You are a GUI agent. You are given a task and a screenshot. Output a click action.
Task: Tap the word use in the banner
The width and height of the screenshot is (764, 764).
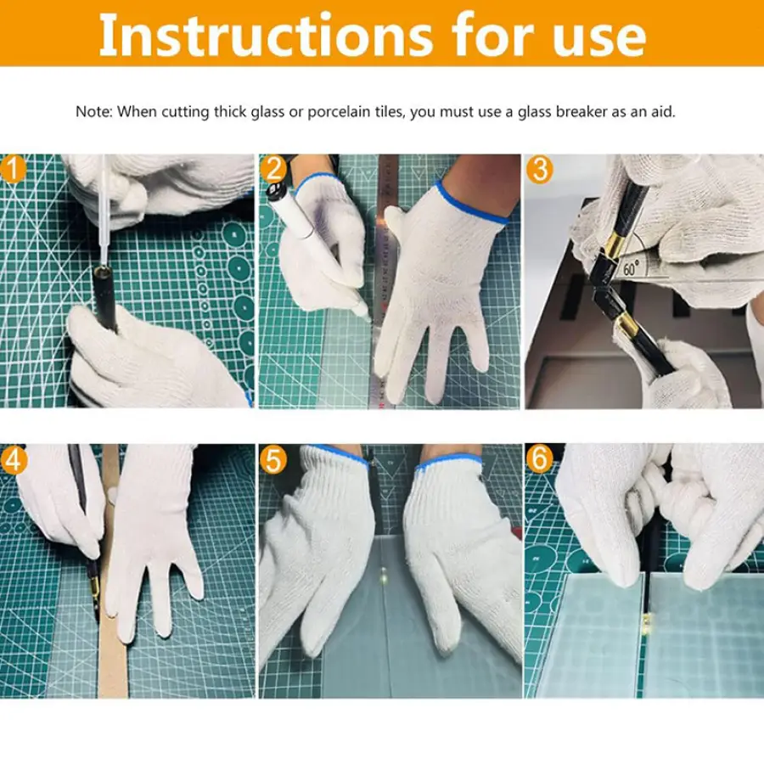click(x=598, y=40)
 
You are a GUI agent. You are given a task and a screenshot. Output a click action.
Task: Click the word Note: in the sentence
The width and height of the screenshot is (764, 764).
click(x=94, y=111)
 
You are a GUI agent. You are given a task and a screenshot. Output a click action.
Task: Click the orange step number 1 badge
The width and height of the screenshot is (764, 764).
click(x=13, y=169)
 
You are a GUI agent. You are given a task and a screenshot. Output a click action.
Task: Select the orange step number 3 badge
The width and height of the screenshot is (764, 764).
click(x=540, y=169)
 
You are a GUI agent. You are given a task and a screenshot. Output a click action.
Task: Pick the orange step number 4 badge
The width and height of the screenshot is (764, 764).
click(x=14, y=459)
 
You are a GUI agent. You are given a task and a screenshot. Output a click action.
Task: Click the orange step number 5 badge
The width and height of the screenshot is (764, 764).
click(x=273, y=459)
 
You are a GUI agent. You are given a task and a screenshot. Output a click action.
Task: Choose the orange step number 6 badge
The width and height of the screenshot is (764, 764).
click(x=540, y=459)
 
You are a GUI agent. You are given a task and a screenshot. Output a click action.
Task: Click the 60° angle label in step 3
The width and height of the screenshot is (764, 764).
click(x=631, y=268)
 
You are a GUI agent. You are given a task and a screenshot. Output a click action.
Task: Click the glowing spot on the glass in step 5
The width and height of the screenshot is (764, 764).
click(x=384, y=575)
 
